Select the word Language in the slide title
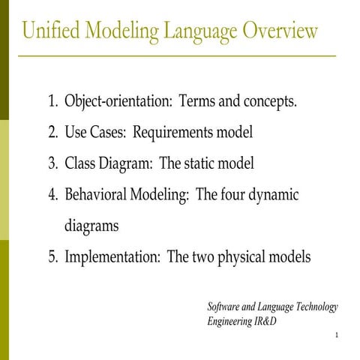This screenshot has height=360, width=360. coord(197,31)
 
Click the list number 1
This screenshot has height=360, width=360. coord(52,101)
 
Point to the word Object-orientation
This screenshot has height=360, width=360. coord(111,101)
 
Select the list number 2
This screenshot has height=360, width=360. coord(52,133)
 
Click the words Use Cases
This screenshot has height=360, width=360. coord(94,133)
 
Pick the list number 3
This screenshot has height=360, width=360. coord(52,163)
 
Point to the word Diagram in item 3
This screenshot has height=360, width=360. coord(126,163)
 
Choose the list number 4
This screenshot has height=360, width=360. coord(52,195)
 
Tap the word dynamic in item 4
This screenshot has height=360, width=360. coord(273,195)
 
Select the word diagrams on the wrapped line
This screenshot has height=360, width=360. coord(91,225)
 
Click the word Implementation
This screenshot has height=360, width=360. coord(112,256)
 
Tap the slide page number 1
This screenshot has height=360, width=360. coord(340,334)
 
